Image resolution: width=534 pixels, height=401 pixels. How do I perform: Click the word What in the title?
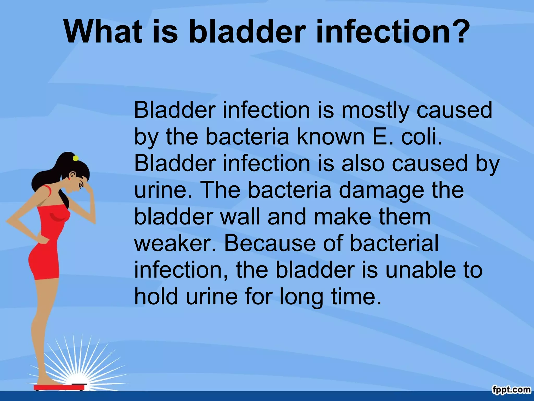click(x=103, y=32)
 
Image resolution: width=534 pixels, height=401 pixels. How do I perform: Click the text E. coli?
click(x=408, y=137)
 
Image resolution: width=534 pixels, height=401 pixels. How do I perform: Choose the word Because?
click(x=270, y=243)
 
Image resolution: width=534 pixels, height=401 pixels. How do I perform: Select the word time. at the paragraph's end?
click(x=356, y=297)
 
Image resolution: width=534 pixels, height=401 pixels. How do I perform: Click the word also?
click(x=363, y=163)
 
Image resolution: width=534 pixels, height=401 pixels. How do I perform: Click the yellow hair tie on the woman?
click(x=76, y=158)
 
